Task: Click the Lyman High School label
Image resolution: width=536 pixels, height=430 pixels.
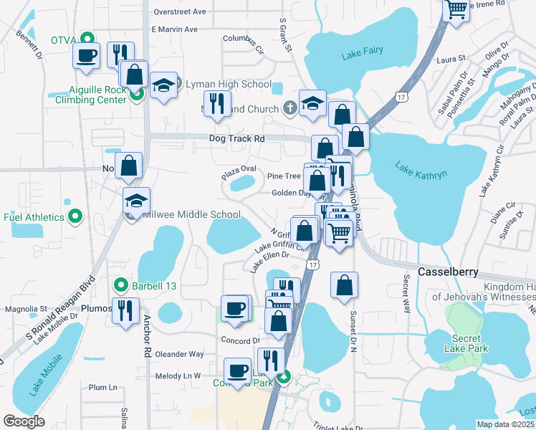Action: click(x=228, y=85)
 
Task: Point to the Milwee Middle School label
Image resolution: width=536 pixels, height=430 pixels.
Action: click(x=191, y=214)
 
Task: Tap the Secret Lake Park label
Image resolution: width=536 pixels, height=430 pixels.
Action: click(x=470, y=343)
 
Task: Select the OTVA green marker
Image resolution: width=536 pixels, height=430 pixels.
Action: click(x=87, y=39)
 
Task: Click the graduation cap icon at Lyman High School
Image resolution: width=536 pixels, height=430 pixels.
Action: click(x=163, y=86)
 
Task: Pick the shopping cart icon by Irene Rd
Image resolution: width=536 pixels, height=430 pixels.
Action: click(x=456, y=9)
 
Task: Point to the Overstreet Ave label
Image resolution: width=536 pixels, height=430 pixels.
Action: click(x=179, y=12)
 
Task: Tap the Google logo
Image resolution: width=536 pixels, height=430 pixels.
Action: click(x=24, y=421)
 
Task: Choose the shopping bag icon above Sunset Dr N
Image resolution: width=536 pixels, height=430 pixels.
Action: click(x=345, y=284)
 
